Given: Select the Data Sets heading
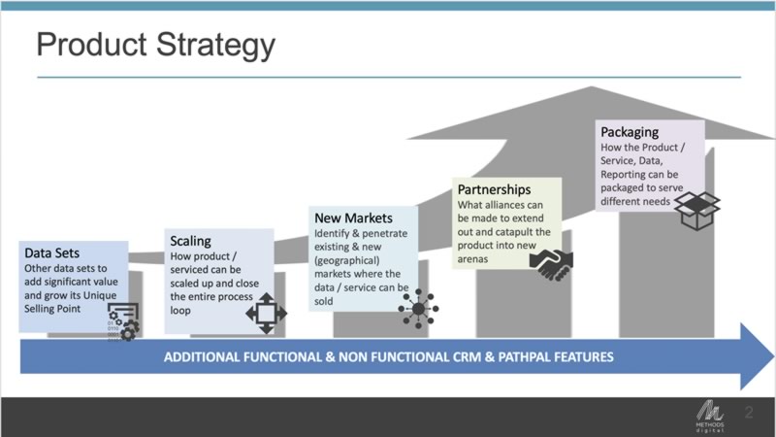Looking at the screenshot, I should coord(52,253).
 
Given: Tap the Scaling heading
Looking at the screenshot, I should coord(190,240).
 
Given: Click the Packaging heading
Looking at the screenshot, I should coord(630,131).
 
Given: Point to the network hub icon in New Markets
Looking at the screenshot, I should coord(418,309).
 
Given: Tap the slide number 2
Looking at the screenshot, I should coord(749,412).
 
